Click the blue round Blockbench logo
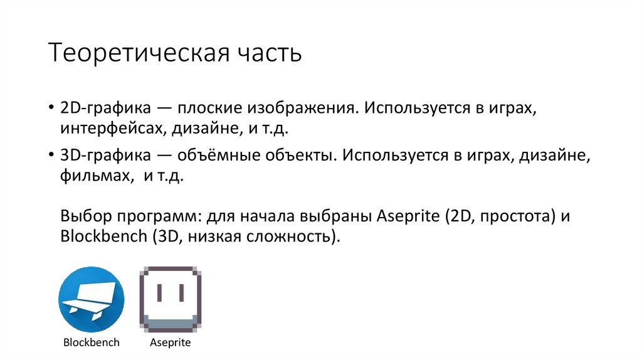(92, 300)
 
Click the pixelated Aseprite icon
(171, 300)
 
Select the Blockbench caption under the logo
(92, 343)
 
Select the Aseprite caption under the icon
(171, 343)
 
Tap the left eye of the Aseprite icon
(159, 293)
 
